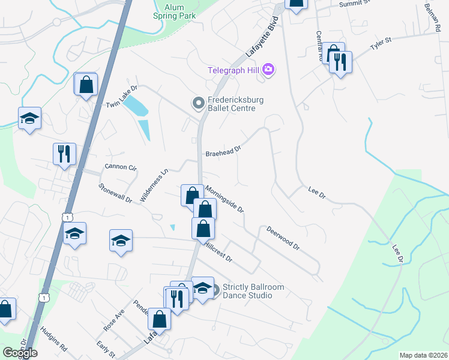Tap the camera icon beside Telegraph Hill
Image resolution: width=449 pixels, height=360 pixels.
click(268, 70)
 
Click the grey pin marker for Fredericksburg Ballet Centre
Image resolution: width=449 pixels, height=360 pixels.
click(197, 104)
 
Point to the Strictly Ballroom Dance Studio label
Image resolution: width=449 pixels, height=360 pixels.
click(253, 291)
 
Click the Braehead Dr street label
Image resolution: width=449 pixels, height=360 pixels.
click(223, 149)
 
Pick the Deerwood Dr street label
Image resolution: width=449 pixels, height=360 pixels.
click(283, 237)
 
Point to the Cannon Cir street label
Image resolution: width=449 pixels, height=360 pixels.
click(121, 166)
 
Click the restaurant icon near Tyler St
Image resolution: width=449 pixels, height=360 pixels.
click(340, 62)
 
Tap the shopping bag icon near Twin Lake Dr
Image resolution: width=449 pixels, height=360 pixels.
click(86, 85)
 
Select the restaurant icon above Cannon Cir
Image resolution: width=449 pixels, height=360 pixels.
click(64, 153)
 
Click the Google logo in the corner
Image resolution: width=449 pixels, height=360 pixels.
click(20, 353)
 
